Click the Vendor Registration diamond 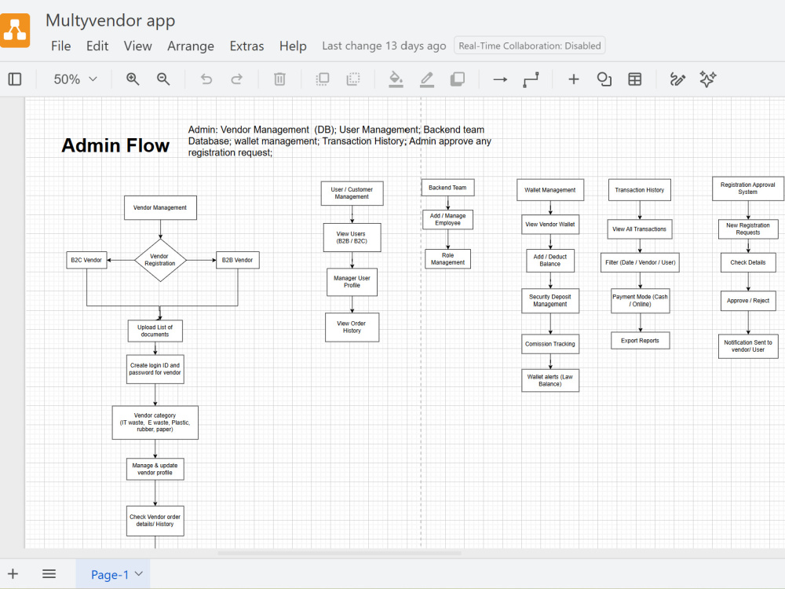[x=160, y=260]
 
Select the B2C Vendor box [x=86, y=260]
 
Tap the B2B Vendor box [x=238, y=260]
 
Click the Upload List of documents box [x=155, y=331]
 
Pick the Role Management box [x=447, y=259]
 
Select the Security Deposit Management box [x=550, y=301]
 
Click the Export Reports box [x=641, y=341]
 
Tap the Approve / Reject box [x=748, y=301]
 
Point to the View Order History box [x=352, y=327]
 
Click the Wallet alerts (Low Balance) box [x=550, y=381]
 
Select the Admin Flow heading [x=115, y=145]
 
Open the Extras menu [x=246, y=46]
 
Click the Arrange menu [x=191, y=46]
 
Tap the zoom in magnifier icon [x=133, y=79]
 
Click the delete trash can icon [x=280, y=79]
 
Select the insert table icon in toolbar [x=635, y=79]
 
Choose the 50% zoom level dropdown [x=75, y=79]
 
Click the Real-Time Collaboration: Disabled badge [x=530, y=46]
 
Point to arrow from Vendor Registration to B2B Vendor [x=201, y=260]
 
